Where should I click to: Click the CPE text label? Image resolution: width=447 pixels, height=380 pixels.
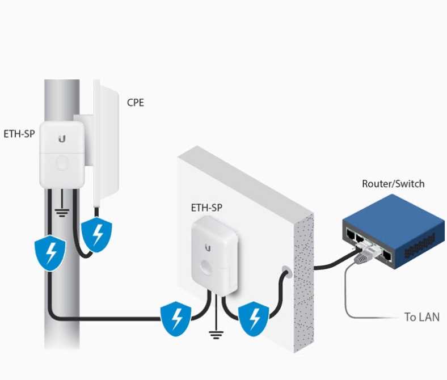[x=135, y=103]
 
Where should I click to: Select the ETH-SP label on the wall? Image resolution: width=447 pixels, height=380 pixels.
[x=206, y=208]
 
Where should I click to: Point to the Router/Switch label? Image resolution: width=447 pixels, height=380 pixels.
[x=393, y=184]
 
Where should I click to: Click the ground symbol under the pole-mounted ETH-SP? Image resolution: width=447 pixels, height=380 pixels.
[x=62, y=213]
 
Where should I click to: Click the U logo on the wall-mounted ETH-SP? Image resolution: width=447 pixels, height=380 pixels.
[x=208, y=247]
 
